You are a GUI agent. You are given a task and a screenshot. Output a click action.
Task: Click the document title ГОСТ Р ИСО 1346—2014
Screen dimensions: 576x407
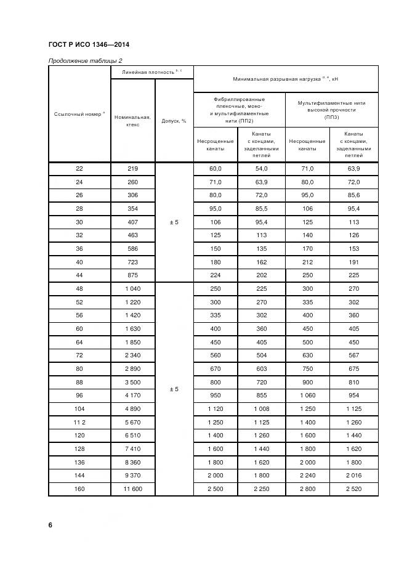point(88,44)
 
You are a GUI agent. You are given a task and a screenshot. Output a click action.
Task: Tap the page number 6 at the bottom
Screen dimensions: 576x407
point(50,525)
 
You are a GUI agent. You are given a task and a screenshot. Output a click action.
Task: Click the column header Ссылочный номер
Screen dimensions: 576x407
point(79,114)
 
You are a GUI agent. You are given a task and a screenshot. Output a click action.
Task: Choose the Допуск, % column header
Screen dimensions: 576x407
point(174,121)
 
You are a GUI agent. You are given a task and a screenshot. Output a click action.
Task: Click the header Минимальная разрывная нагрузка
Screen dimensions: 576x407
point(285,79)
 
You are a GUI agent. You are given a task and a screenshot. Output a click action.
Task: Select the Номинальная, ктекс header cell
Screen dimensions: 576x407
point(132,121)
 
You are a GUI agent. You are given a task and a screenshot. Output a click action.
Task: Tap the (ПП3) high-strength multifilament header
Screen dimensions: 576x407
point(331,109)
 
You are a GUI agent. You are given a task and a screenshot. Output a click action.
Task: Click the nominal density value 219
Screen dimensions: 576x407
point(132,168)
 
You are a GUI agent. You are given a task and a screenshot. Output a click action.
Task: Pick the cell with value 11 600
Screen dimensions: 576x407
point(132,489)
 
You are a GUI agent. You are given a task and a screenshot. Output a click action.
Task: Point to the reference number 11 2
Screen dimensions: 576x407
point(79,422)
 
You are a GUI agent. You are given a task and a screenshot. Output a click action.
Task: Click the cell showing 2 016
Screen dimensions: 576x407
point(353,475)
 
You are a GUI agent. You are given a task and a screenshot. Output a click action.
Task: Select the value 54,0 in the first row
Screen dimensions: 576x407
point(262,168)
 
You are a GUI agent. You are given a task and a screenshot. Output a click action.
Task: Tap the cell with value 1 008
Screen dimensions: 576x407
point(262,408)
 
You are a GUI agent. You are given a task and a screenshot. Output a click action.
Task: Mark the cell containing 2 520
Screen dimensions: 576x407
point(353,489)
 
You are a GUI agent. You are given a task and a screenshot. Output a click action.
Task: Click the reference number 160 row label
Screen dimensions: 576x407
point(79,489)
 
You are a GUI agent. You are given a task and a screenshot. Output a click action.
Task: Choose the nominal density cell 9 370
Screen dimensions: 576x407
point(132,475)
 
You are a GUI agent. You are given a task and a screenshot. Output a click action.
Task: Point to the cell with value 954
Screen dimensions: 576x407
point(353,395)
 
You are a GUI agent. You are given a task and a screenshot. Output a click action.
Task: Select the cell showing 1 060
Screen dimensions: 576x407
point(307,395)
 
